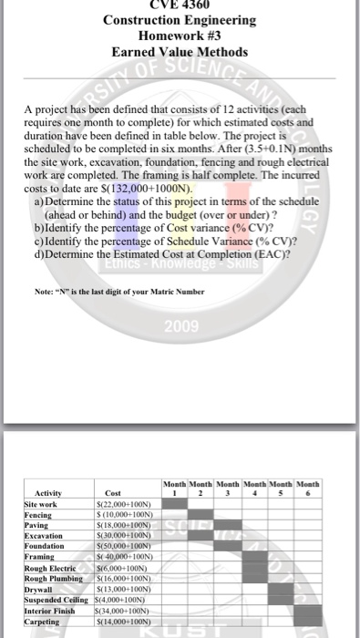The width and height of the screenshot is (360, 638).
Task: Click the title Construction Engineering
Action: [x=179, y=20]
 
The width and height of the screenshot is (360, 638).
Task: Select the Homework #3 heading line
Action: [x=180, y=36]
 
